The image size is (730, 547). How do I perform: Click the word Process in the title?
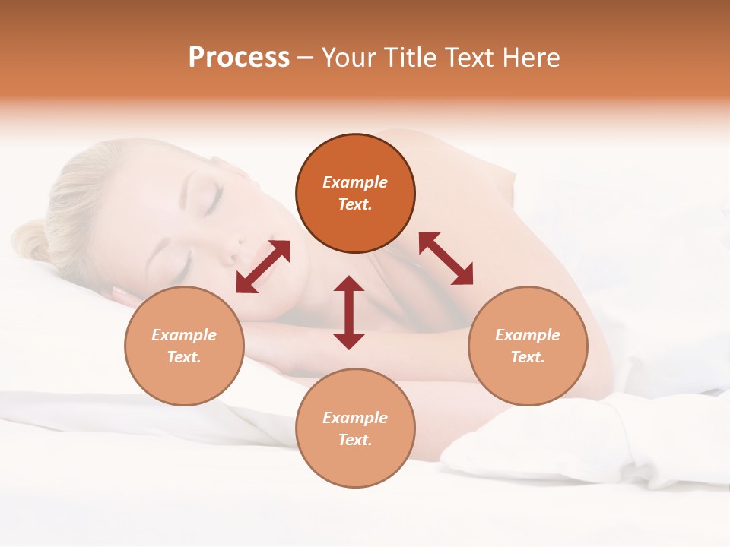239,58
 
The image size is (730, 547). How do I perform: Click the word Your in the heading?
351,58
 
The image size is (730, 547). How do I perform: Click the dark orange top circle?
355,193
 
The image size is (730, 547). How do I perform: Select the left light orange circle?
184,346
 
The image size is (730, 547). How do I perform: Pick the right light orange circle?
528,346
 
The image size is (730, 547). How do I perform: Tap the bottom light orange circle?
355,428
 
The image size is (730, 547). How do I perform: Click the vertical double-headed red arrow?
349,312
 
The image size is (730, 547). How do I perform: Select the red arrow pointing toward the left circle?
263,267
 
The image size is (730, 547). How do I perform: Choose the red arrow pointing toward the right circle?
446,258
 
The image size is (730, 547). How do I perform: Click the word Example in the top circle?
355,182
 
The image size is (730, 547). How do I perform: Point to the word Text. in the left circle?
184,357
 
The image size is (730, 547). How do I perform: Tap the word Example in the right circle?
528,335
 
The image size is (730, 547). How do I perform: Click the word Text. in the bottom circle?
355,440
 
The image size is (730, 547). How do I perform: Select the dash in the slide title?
305,58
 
